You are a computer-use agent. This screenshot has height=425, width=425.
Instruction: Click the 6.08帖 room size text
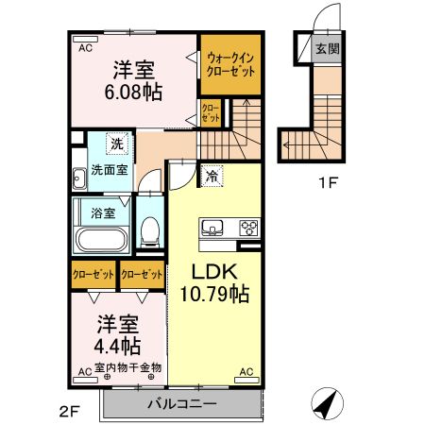[133, 93]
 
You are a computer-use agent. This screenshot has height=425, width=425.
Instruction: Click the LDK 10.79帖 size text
[214, 295]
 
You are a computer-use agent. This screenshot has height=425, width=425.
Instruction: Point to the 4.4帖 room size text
[118, 346]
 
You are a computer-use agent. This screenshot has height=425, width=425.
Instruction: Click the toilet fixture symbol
[149, 230]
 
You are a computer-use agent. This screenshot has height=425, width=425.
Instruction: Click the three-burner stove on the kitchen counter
[249, 228]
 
